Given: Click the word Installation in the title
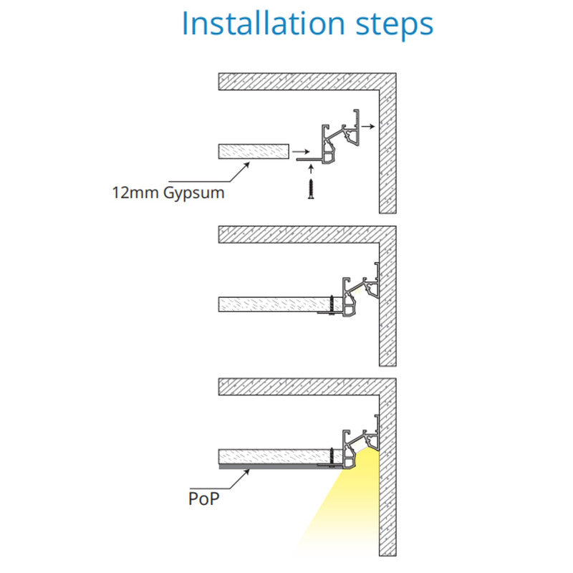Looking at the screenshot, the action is click(x=263, y=24).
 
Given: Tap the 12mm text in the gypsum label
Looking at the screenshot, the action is click(x=135, y=193).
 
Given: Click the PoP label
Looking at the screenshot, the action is click(x=204, y=499).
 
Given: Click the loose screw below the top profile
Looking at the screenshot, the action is click(x=311, y=189).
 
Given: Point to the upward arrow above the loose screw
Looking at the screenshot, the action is click(x=311, y=169).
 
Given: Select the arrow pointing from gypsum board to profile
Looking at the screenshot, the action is click(x=301, y=152).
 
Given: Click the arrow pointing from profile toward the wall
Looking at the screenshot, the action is click(x=368, y=127).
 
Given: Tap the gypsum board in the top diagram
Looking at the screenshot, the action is click(x=254, y=151).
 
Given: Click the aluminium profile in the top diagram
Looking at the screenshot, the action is click(x=328, y=137).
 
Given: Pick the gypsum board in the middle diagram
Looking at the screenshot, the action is click(x=280, y=304).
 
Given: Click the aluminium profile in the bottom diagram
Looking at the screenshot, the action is click(x=348, y=442).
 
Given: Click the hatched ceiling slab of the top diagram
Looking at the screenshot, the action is click(x=307, y=82).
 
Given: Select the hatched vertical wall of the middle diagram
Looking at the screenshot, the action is click(x=387, y=296).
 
